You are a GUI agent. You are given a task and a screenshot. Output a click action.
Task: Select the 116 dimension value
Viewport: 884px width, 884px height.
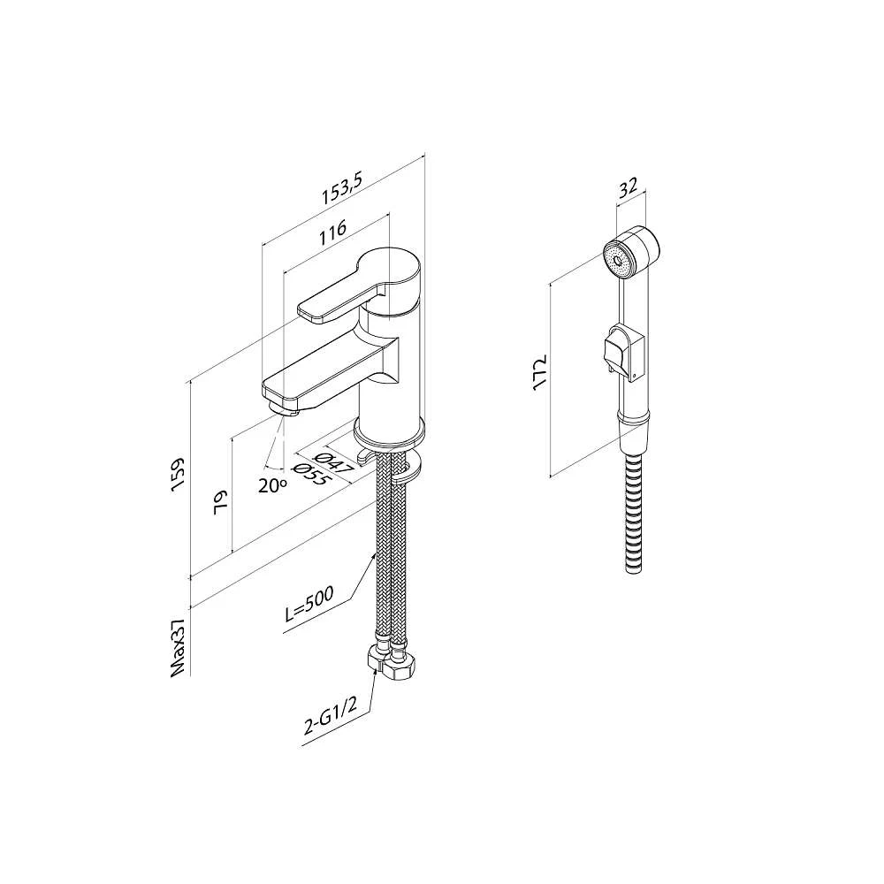pos(333,232)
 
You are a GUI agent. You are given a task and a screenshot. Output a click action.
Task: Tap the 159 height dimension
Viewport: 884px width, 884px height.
pos(178,474)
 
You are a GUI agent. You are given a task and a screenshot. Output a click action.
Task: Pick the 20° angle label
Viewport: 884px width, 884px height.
pos(272,484)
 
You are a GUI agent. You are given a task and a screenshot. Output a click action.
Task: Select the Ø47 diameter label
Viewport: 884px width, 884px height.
pos(334,462)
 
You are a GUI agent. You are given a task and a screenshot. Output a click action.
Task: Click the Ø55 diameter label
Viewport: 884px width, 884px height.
pos(309,475)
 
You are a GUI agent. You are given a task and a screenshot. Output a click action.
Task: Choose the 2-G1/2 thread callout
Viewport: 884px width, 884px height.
pos(330,717)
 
